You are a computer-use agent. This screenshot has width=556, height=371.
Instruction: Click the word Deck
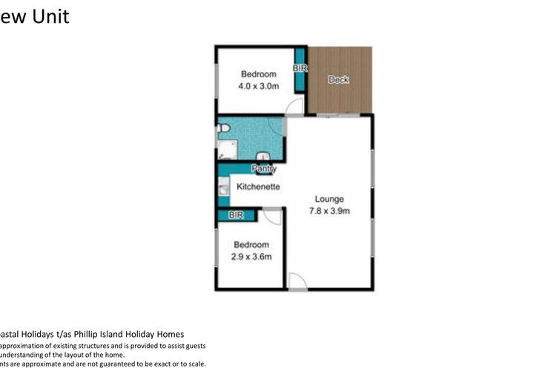tap(338, 80)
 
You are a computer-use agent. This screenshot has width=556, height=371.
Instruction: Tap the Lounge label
tap(329, 199)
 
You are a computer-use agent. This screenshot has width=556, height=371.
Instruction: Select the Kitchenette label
tap(258, 187)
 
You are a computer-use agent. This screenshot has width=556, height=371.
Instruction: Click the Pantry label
tap(264, 169)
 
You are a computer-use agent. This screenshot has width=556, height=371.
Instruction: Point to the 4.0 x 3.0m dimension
tap(258, 86)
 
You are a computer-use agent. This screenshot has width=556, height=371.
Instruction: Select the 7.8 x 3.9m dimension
tap(329, 211)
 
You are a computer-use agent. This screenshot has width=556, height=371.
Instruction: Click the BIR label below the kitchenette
tap(236, 215)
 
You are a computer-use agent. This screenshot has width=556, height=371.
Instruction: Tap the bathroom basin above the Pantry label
tap(263, 157)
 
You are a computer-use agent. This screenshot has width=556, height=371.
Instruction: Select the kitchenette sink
tap(222, 191)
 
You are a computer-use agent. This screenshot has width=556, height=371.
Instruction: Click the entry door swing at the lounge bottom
tap(296, 280)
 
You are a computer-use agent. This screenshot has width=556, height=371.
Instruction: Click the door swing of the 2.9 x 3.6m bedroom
tap(272, 216)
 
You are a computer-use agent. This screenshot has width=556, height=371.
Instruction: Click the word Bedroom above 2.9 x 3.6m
tap(251, 245)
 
